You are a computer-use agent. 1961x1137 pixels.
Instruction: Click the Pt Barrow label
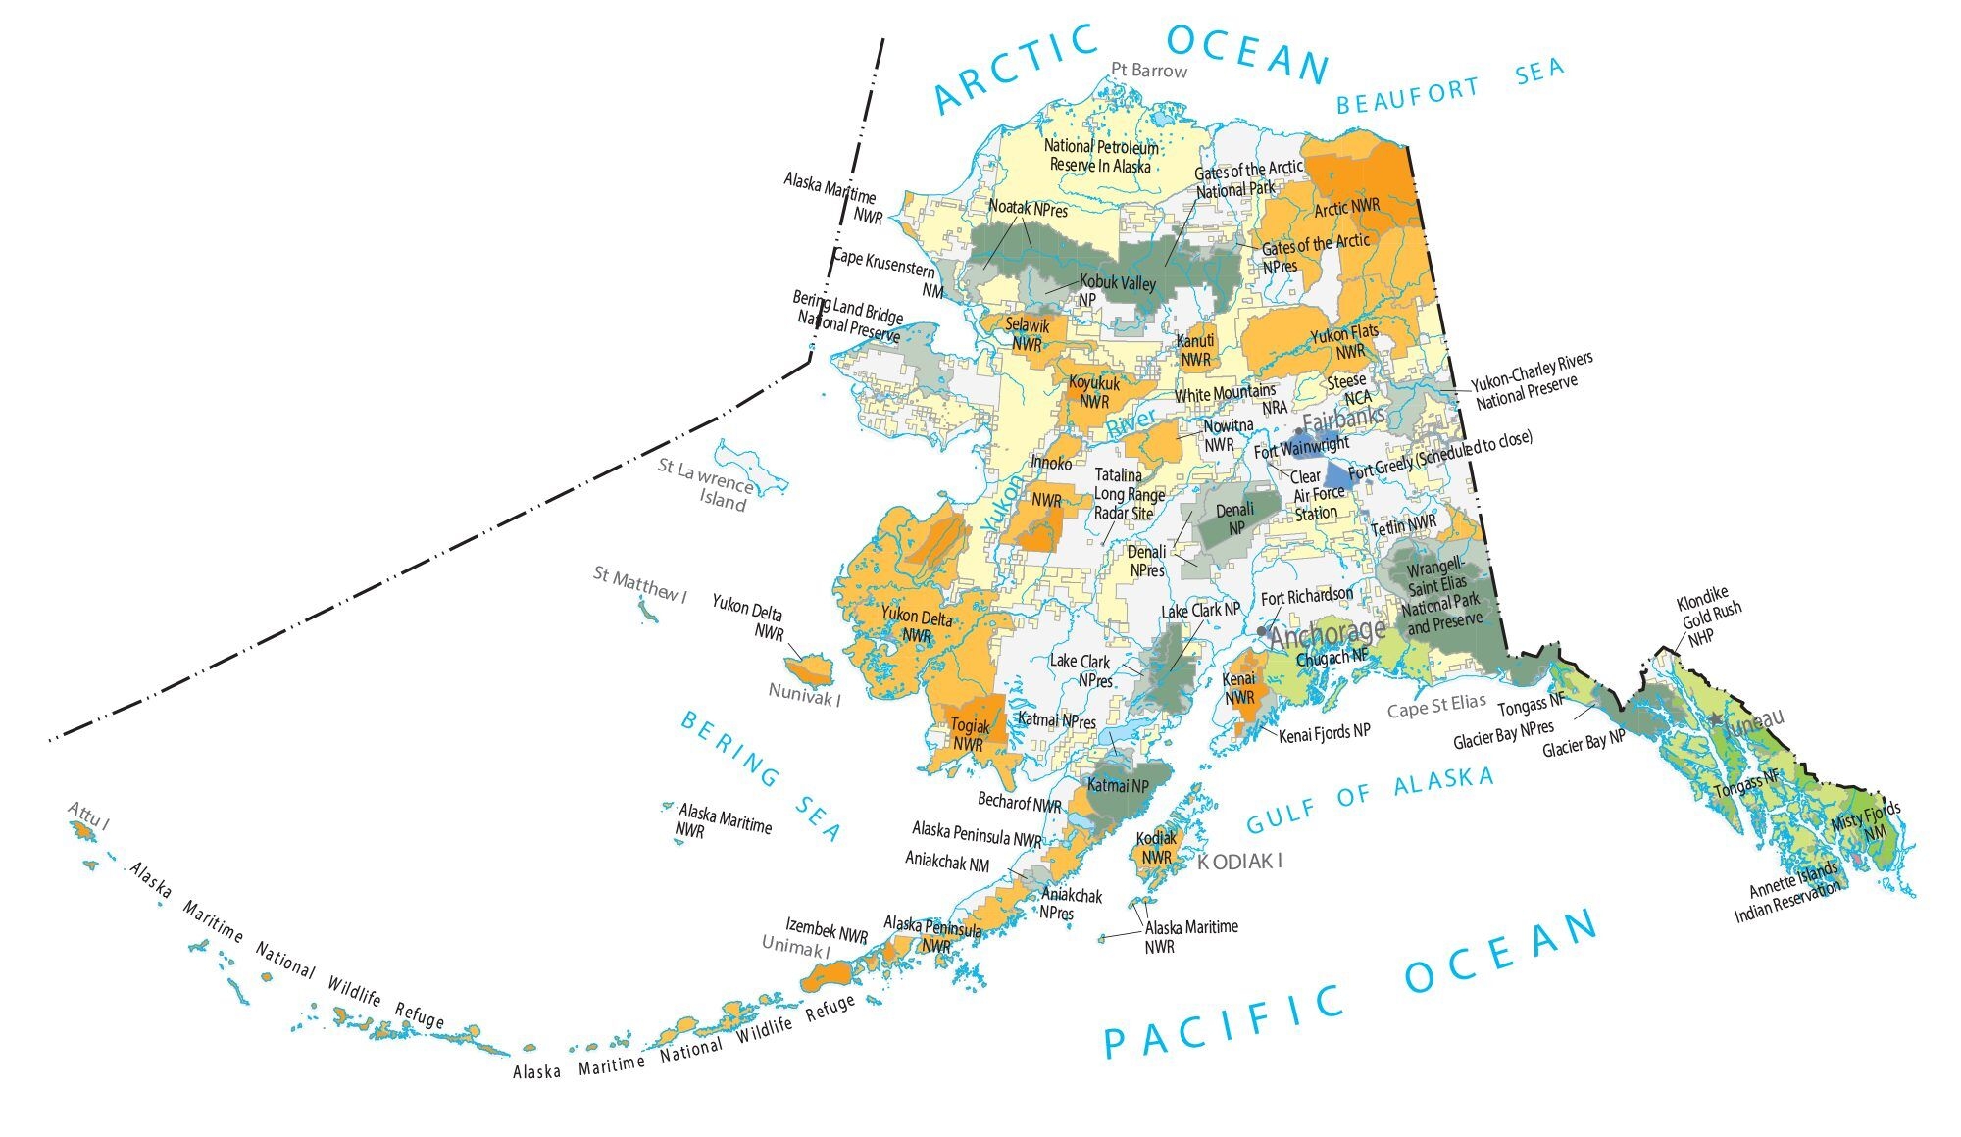tap(1149, 71)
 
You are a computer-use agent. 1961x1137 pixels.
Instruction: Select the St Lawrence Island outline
tap(750, 469)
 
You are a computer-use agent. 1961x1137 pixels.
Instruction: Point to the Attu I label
tap(88, 814)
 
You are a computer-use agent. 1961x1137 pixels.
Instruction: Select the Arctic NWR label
tap(1347, 208)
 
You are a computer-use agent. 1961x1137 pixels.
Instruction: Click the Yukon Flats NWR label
tap(1345, 342)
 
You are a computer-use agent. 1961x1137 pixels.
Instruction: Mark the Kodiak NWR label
tap(1156, 848)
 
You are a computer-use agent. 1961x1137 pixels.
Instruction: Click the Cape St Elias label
tap(1435, 706)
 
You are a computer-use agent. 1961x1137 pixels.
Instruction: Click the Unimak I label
tap(796, 947)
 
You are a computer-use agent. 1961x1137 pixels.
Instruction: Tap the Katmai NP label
tap(1119, 785)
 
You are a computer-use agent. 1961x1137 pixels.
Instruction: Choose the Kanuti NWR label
tap(1195, 350)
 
